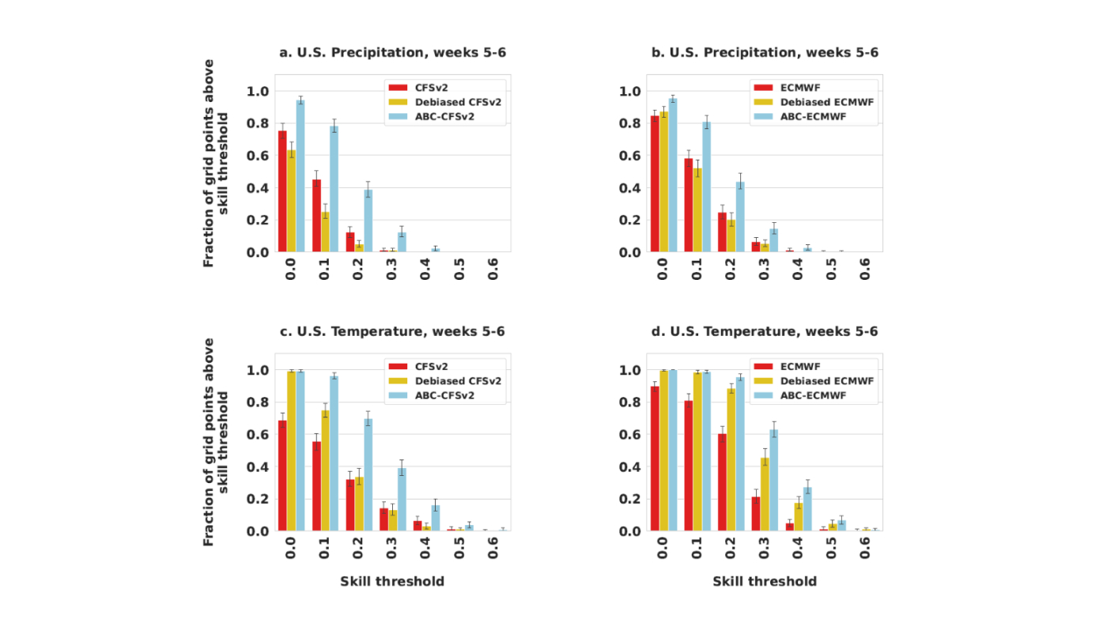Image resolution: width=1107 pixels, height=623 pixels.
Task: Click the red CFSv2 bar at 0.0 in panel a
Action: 282,191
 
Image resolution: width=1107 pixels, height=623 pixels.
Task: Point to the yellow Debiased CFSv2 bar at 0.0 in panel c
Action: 292,451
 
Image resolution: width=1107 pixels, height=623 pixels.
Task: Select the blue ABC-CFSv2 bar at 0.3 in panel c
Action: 402,499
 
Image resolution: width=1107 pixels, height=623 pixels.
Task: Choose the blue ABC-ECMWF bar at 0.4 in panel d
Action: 807,509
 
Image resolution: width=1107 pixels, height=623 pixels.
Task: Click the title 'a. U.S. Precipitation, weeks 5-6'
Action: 392,53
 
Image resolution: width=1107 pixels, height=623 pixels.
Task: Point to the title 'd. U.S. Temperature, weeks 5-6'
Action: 765,331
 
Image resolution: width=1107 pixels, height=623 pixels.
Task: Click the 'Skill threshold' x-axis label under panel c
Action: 392,581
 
